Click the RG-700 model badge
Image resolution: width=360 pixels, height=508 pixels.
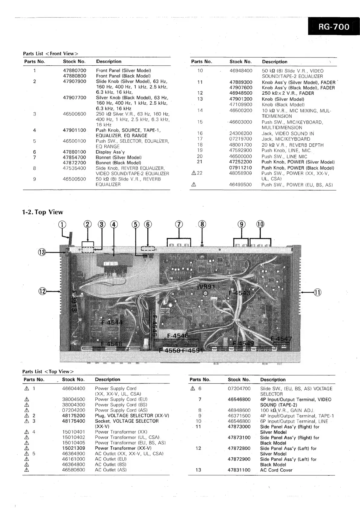pos(334,27)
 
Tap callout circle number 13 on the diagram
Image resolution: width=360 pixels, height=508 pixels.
pos(42,252)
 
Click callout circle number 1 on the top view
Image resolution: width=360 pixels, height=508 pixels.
pos(62,224)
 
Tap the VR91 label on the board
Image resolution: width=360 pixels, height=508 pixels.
pos(207,287)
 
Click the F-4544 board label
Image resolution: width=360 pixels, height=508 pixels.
pos(112,322)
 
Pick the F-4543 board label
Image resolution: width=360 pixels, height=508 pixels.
pos(239,293)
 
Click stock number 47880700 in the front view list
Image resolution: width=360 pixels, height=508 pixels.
pos(74,70)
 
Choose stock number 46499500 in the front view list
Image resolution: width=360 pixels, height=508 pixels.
pos(240,184)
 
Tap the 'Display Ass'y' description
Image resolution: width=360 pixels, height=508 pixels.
pos(110,152)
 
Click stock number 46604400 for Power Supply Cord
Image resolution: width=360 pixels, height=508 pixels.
pos(74,388)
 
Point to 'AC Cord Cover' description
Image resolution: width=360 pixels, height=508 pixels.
pos(276,470)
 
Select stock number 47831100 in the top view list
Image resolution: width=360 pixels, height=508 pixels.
pos(239,470)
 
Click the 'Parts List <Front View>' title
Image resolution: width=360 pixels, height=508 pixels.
pos(51,54)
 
